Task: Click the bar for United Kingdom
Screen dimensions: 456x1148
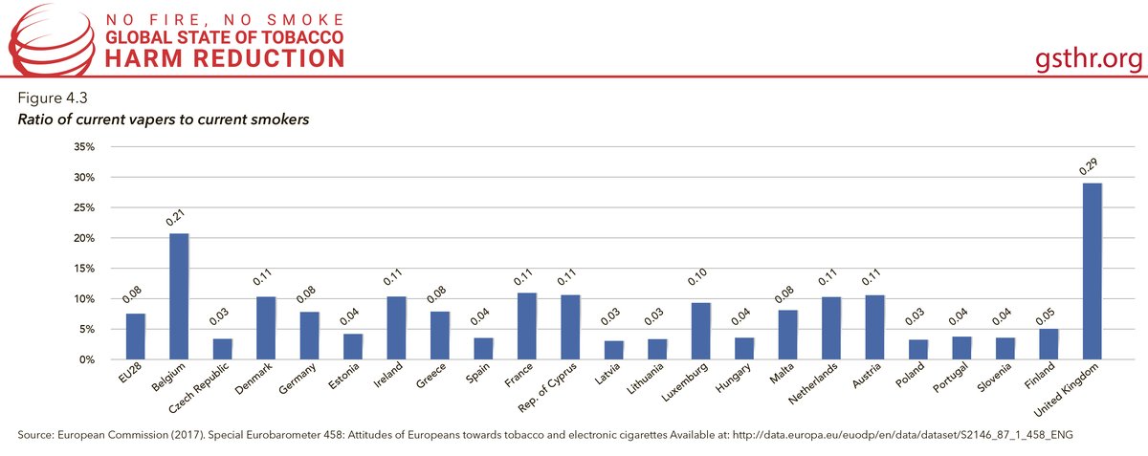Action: [x=1093, y=271]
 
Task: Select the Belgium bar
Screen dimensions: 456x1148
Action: [x=179, y=296]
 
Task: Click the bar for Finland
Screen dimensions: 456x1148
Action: [x=1049, y=344]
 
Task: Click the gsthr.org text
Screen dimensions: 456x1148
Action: [x=1090, y=59]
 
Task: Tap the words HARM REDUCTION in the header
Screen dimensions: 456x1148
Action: [x=225, y=59]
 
